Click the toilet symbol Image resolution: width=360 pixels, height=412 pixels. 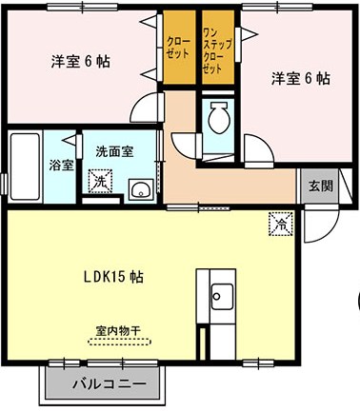[218, 119]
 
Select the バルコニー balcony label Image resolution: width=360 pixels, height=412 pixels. [107, 385]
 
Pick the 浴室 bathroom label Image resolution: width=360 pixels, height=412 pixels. [60, 165]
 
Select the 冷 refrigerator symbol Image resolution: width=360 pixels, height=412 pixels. [282, 223]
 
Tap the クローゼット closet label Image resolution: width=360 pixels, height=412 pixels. [177, 48]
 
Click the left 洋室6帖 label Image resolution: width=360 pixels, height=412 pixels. [79, 62]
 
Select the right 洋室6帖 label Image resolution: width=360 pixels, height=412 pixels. [299, 78]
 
